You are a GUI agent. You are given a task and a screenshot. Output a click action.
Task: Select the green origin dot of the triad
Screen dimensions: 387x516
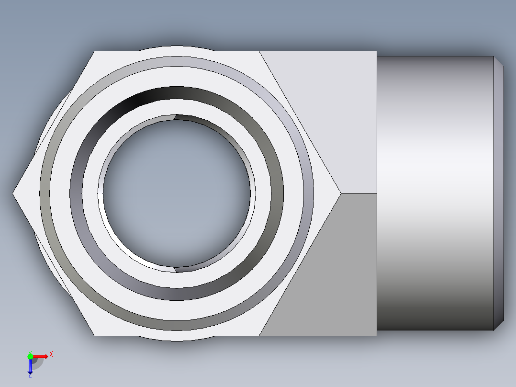[30, 356]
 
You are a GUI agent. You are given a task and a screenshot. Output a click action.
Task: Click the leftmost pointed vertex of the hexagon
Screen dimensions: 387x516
[13, 193]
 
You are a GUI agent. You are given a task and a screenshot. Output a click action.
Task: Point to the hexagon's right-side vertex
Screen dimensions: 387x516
[340, 193]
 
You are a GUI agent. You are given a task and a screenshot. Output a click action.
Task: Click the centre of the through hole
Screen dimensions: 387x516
[176, 193]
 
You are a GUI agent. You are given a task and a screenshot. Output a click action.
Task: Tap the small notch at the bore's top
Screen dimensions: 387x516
[176, 116]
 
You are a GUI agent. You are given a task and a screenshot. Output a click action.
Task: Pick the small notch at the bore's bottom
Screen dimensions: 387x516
[176, 269]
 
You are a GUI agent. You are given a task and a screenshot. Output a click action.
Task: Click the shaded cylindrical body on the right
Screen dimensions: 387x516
[436, 193]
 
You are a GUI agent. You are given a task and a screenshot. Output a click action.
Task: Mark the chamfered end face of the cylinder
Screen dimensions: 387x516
[499, 193]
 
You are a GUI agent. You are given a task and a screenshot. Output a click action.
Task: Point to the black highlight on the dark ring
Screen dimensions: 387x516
[144, 99]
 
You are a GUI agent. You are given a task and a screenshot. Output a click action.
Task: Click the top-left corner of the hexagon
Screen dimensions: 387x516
[94, 51]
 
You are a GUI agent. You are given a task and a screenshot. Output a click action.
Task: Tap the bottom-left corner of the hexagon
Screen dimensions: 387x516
[94, 335]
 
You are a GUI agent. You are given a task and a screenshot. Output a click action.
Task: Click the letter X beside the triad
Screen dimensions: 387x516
[51, 354]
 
